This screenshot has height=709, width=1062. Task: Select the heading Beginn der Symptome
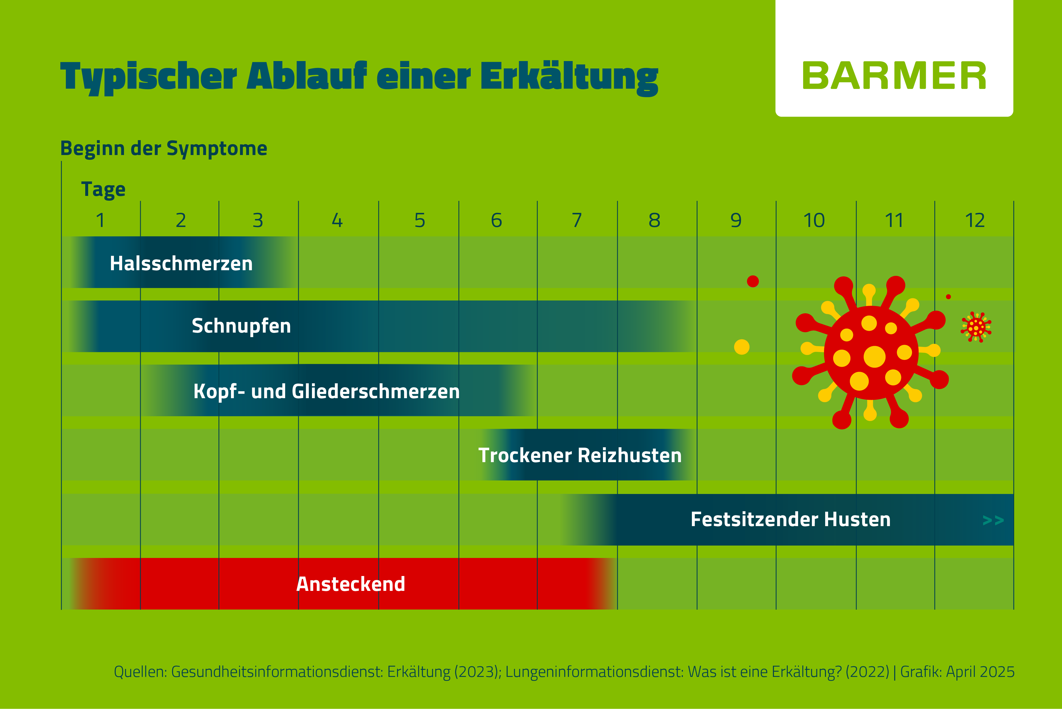pyautogui.click(x=164, y=148)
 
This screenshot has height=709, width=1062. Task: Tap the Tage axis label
pyautogui.click(x=103, y=189)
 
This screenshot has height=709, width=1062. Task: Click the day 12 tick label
pyautogui.click(x=974, y=220)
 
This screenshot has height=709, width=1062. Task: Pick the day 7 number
pyautogui.click(x=577, y=220)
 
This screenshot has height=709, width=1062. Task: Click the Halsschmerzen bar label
pyautogui.click(x=181, y=263)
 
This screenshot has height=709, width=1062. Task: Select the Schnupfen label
pyautogui.click(x=241, y=325)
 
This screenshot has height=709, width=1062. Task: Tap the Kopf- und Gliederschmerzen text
pyautogui.click(x=326, y=391)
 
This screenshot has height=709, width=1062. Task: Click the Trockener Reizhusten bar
pyautogui.click(x=580, y=455)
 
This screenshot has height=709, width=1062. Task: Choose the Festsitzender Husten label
pyautogui.click(x=790, y=519)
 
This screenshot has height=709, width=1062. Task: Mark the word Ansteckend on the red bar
pyautogui.click(x=350, y=584)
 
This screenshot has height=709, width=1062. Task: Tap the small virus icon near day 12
pyautogui.click(x=976, y=326)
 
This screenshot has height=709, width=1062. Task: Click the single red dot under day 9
pyautogui.click(x=753, y=281)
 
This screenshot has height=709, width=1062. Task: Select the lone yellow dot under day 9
pyautogui.click(x=742, y=347)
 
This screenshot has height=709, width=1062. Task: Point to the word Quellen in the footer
pyautogui.click(x=140, y=672)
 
